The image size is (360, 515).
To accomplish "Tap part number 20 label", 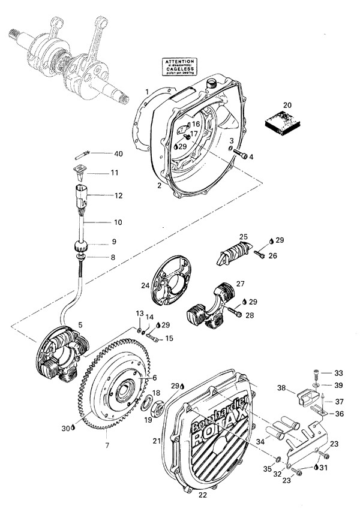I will pos(287,106).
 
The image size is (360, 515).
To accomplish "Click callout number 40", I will pos(118,154).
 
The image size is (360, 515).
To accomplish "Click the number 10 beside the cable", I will pos(118,222).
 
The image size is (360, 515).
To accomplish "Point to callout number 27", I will pos(240,284).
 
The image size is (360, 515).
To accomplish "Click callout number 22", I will pos(202,495).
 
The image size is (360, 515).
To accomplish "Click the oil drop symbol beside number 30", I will pos(73,428).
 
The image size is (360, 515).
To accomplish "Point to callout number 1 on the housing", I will pos(146,92).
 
